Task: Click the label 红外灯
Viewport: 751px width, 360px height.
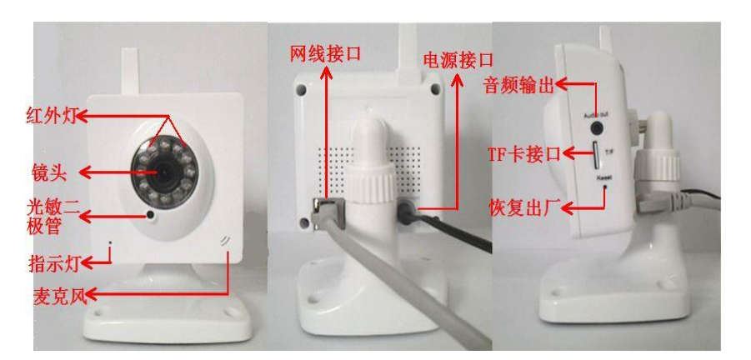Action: [51, 116]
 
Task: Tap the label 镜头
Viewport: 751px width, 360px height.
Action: [48, 172]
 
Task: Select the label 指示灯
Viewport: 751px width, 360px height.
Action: [54, 262]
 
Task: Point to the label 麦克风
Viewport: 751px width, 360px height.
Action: [58, 296]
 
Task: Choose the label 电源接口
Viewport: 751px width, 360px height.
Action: [458, 61]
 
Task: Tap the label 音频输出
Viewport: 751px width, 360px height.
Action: [518, 87]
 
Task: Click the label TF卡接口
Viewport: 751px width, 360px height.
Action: [524, 154]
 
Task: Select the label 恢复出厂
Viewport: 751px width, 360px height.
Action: [524, 207]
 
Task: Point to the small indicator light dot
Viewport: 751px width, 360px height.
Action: [111, 242]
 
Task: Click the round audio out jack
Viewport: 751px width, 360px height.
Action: [597, 127]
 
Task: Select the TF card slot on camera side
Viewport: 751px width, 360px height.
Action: [596, 156]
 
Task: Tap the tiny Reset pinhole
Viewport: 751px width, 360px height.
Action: [605, 185]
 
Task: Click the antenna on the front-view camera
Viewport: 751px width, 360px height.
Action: [130, 70]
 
